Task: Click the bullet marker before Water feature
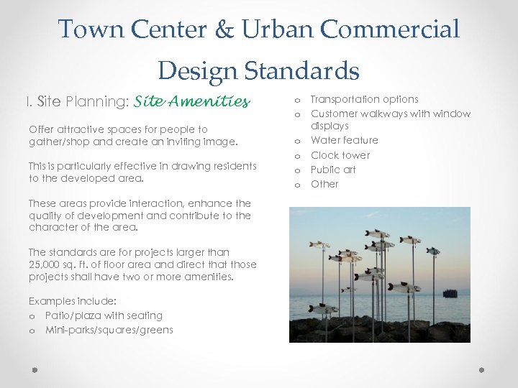tap(296, 142)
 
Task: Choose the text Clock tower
tap(340, 155)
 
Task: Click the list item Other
tap(324, 184)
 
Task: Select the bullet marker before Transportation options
tap(296, 101)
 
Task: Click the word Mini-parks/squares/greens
tap(109, 330)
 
